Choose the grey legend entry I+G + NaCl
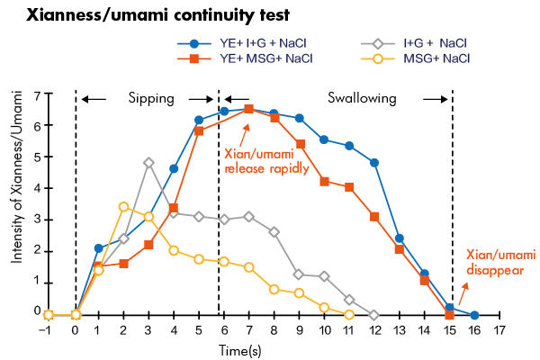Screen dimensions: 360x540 click(432, 42)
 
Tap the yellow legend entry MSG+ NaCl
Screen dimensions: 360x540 click(432, 58)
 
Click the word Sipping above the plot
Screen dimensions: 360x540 click(150, 98)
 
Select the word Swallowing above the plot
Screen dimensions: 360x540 click(361, 98)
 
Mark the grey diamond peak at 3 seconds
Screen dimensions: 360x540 click(149, 163)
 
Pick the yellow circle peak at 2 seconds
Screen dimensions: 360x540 click(124, 207)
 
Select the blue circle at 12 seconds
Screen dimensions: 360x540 click(374, 163)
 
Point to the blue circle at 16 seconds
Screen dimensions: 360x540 click(474, 315)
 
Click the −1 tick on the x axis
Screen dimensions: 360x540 click(49, 329)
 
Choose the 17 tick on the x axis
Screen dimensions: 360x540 click(499, 329)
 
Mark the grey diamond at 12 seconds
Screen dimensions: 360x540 click(374, 315)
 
